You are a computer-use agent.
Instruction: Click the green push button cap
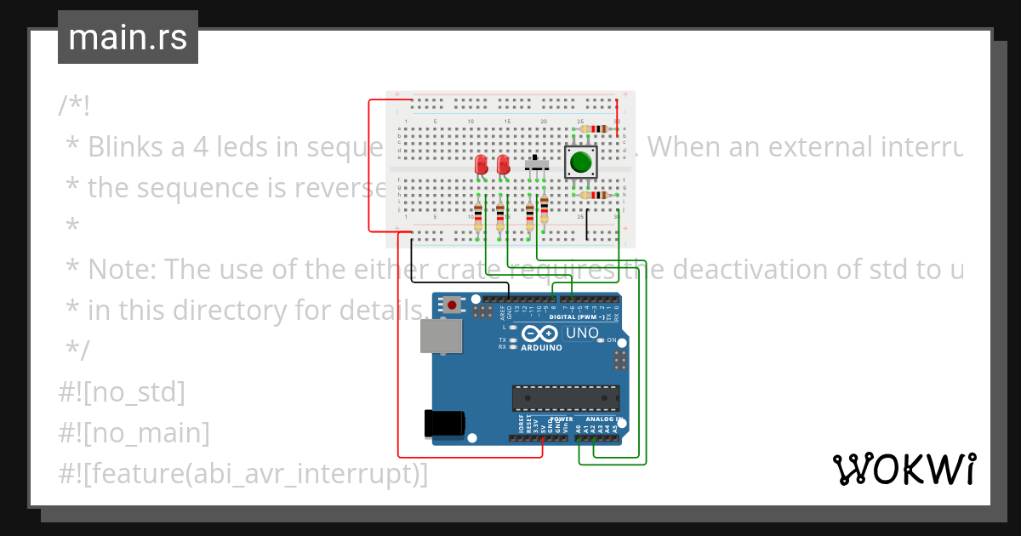[581, 162]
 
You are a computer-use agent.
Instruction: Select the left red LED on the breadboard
[481, 164]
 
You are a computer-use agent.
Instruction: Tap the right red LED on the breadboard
[503, 164]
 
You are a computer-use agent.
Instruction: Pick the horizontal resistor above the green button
[593, 129]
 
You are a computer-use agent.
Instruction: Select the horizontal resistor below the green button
[593, 195]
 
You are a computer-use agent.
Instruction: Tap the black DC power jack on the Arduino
[444, 425]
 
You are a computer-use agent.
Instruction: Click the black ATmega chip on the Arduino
[565, 397]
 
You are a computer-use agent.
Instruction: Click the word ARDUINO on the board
[541, 348]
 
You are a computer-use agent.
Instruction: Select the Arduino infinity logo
[541, 334]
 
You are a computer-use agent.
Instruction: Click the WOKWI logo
[904, 469]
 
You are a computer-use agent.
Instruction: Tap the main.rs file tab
[128, 38]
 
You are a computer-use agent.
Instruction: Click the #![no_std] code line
[122, 392]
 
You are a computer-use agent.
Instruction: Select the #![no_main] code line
[134, 433]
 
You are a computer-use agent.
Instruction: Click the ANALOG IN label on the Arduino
[602, 419]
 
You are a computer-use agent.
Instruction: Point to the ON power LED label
[610, 340]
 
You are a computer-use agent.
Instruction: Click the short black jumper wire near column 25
[586, 225]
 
